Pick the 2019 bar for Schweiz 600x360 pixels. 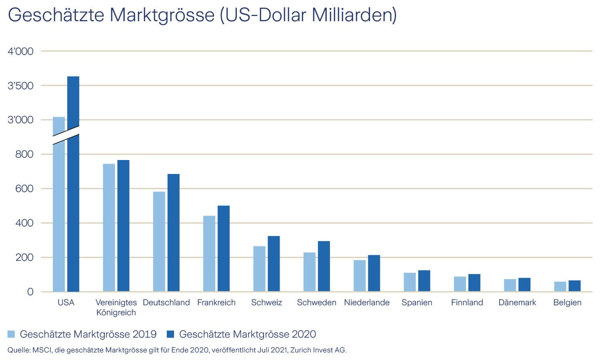[259, 268]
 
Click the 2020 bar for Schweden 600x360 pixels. [324, 266]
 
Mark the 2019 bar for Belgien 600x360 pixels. [560, 286]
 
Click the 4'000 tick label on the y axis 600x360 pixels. [20, 51]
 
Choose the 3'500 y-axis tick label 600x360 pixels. [20, 86]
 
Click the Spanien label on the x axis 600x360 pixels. [417, 302]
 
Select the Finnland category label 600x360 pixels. [467, 302]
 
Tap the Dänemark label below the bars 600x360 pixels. [517, 302]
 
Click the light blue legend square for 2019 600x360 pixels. [11, 334]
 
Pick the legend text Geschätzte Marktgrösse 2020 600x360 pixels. [247, 334]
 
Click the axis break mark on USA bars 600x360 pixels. [66, 136]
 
